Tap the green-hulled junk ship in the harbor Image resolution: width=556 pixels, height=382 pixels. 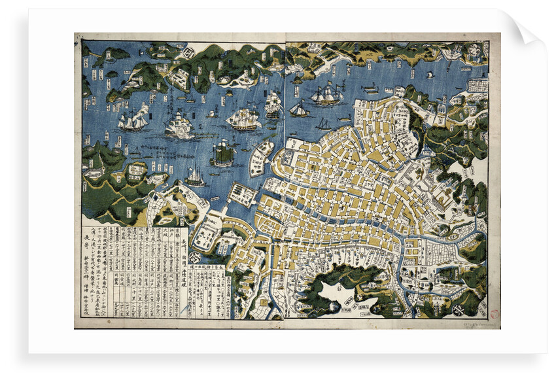[x=222, y=154]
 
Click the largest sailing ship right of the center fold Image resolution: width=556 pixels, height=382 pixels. [x=326, y=95]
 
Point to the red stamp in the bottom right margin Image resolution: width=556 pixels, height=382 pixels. [x=494, y=314]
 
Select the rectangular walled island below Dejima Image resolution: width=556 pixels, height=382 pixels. [x=243, y=194]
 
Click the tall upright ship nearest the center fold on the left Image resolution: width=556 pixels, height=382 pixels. [x=273, y=105]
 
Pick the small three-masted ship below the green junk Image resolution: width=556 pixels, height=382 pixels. [x=195, y=177]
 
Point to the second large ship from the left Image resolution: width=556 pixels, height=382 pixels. [x=179, y=125]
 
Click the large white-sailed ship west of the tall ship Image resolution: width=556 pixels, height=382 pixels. [x=243, y=118]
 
